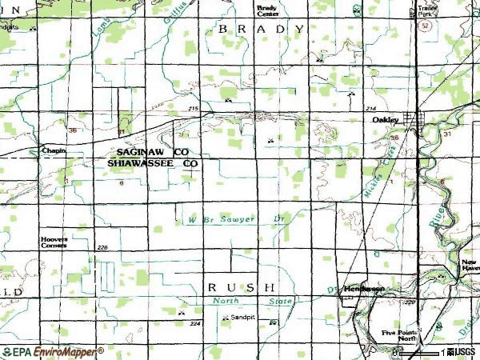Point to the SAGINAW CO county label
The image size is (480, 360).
coord(152,151)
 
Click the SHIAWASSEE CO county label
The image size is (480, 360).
coord(152,162)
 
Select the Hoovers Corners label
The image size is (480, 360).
coord(54,242)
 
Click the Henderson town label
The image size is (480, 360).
coord(364,288)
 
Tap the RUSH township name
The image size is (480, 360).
coord(241,286)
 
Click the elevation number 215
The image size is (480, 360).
coord(193,109)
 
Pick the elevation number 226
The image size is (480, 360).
coord(102,248)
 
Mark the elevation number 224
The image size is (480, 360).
coord(194,324)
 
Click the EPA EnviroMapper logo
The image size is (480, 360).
coord(53,352)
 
